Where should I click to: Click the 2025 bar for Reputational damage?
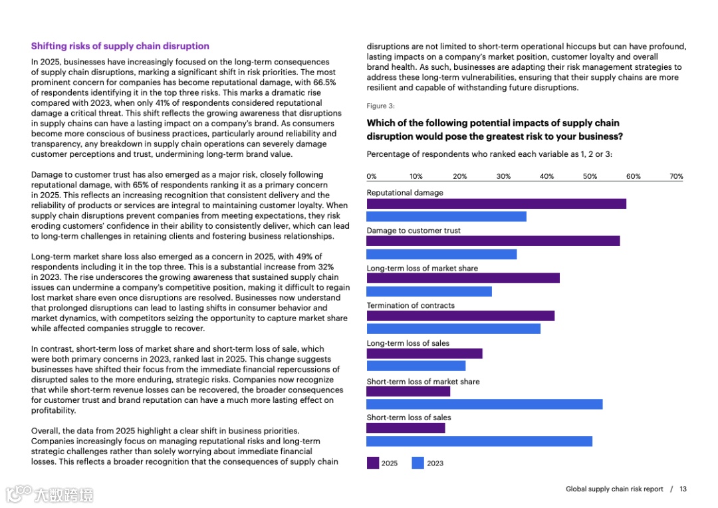pos(496,204)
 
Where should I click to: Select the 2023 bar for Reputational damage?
pos(446,217)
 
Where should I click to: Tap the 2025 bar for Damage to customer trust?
pos(493,241)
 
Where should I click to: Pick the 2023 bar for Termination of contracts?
pos(453,328)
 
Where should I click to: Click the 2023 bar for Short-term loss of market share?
pos(484,404)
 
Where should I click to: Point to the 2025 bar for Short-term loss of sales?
pos(406,428)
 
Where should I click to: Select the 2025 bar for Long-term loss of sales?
pos(424,354)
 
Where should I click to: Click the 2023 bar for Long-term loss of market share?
pos(429,291)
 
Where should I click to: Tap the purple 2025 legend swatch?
pos(373,463)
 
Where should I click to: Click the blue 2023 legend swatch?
pos(418,463)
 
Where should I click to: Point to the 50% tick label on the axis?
pos(590,177)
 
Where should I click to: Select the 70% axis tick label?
pos(676,177)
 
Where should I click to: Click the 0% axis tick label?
pos(372,177)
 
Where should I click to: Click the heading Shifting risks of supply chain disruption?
pos(120,47)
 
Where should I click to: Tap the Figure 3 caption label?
pos(380,106)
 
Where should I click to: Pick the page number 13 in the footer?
pos(683,489)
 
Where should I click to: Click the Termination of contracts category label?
pos(410,306)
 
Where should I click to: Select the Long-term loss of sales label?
pos(408,344)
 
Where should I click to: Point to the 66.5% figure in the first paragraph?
pos(324,82)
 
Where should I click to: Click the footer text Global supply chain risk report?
pos(614,489)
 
